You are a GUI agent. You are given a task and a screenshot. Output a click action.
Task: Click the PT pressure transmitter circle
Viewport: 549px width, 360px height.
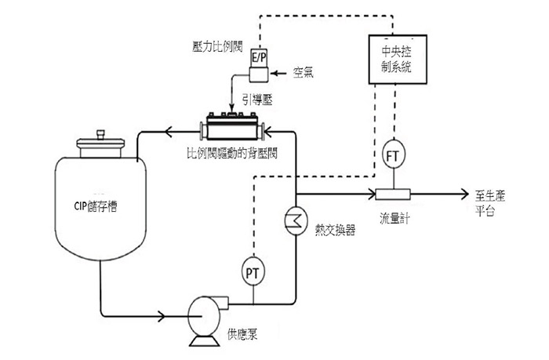tap(253, 272)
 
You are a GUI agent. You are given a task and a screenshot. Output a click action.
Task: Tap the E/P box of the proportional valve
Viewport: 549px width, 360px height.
tap(259, 57)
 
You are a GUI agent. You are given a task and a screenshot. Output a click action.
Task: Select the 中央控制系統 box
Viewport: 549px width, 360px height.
tap(398, 59)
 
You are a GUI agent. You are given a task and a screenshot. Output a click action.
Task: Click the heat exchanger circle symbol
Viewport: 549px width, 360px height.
tap(296, 220)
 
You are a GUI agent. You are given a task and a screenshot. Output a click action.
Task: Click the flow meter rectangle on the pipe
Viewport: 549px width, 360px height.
tap(392, 194)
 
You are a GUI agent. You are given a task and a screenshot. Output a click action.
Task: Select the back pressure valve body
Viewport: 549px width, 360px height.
tap(232, 128)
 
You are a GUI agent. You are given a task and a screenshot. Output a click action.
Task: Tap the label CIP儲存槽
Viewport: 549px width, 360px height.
tap(95, 206)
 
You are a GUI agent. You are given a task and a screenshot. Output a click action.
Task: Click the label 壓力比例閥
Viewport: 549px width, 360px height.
tap(217, 46)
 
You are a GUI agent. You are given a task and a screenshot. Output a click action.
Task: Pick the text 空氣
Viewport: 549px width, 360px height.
tap(304, 72)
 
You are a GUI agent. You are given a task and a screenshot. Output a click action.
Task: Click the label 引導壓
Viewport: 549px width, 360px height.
tap(258, 100)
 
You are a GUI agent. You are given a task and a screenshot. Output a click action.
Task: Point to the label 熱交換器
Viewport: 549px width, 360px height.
tap(336, 230)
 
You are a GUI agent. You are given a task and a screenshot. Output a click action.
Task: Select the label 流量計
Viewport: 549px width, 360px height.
tap(394, 218)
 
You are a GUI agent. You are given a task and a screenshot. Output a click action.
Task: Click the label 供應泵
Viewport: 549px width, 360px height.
tap(242, 334)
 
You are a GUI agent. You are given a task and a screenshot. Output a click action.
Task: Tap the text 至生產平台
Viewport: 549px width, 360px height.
tap(490, 203)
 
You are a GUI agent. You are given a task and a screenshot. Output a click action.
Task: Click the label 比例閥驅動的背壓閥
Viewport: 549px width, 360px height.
tap(232, 153)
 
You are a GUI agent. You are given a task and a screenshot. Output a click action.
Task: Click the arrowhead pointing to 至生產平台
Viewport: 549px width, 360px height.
tap(465, 194)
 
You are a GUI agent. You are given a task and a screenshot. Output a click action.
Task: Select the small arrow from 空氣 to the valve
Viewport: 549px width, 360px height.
tap(279, 73)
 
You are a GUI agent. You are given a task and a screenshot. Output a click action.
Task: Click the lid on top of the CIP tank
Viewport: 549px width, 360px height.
tap(100, 144)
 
